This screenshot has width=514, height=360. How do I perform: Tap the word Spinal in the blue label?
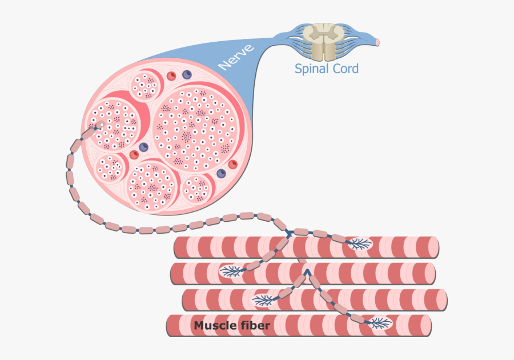tap(312, 69)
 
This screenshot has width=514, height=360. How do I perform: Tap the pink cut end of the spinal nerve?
tap(377, 42)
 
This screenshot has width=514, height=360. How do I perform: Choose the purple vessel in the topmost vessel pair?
tap(186, 74)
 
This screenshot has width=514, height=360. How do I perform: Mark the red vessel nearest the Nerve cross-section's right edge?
tap(232, 164)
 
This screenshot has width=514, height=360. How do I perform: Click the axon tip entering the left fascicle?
tap(100, 124)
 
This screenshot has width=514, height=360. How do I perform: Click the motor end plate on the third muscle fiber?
tap(263, 299)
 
